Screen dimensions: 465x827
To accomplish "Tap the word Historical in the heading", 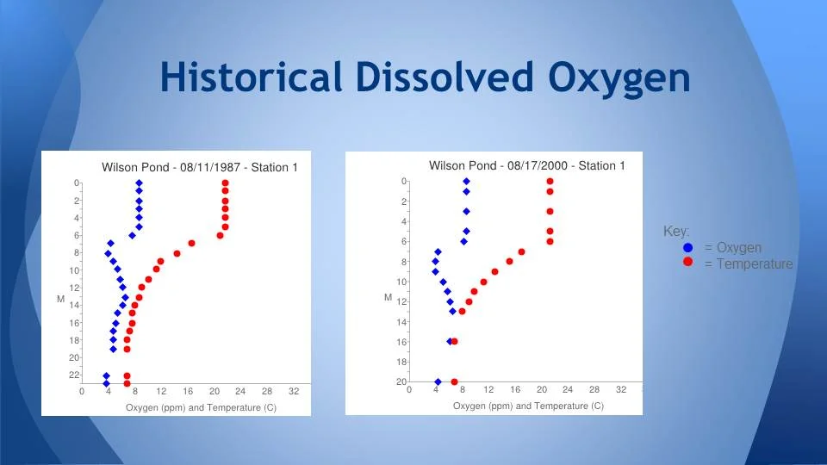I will point(251,78).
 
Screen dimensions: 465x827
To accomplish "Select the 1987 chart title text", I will point(200,167).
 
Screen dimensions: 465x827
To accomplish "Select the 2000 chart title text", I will point(527,165).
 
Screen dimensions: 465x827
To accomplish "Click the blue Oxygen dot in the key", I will point(687,248).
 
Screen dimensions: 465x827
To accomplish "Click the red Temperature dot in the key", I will point(687,263).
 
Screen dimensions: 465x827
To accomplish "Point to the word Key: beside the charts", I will point(676,232).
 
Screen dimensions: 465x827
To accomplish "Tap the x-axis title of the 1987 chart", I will point(201,407).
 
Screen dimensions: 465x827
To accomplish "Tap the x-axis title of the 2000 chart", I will point(528,406).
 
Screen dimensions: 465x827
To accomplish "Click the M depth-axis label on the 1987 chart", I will point(61,299).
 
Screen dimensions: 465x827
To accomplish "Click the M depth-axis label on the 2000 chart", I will point(389,297).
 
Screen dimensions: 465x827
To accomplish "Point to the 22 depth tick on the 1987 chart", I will point(74,375).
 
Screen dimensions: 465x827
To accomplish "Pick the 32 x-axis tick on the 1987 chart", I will point(293,392).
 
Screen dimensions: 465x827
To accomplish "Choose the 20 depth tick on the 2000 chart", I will point(401,381).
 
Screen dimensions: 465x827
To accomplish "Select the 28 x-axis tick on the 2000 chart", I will point(594,390).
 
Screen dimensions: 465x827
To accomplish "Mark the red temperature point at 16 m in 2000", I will point(454,341).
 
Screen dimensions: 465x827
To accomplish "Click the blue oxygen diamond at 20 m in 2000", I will point(438,381).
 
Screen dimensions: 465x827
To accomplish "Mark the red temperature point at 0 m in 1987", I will point(225,183).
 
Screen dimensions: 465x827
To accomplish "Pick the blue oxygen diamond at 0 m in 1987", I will point(139,183).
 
